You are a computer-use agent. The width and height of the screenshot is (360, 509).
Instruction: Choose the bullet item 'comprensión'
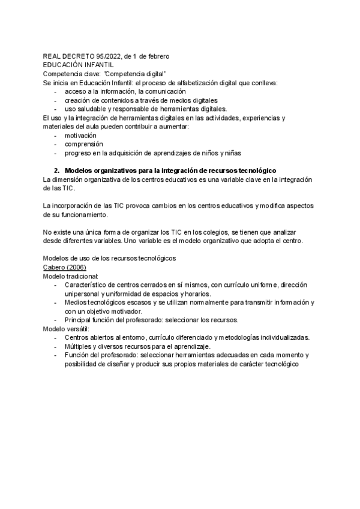(x=85, y=144)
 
